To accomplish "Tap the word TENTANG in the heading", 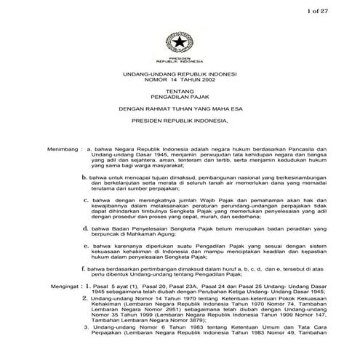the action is coord(179,93).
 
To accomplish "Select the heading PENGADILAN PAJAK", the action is coord(179,100).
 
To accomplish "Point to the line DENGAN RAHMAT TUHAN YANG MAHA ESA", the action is coord(179,113).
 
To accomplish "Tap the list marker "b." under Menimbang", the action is coord(86,176).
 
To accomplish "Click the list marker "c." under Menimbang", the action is coord(87,199).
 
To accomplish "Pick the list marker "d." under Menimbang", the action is coord(86,229).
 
